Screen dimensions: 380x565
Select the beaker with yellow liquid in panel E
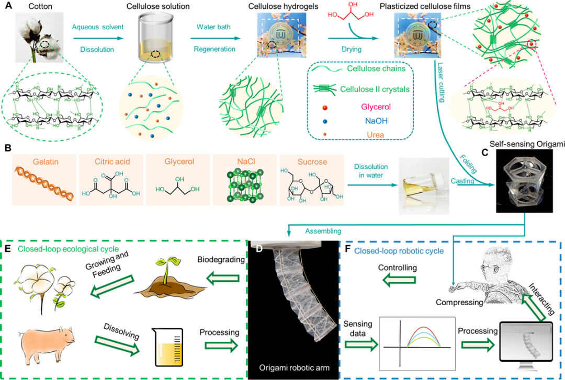point(167,346)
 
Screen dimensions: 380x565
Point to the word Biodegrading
point(219,260)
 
